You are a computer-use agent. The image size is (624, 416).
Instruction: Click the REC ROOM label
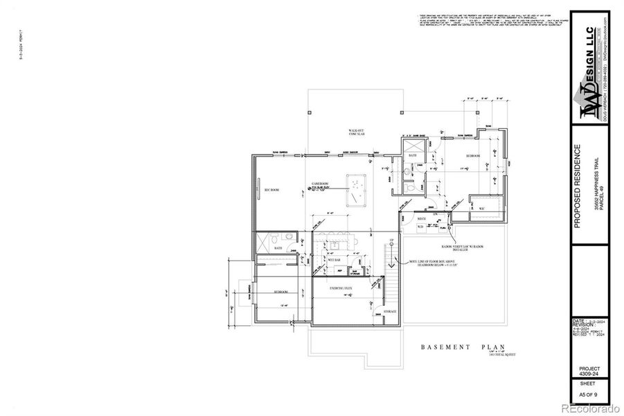coord(270,189)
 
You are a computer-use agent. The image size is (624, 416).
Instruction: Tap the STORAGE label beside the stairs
coord(390,312)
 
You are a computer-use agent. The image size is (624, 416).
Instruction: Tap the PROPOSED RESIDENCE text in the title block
coord(577,187)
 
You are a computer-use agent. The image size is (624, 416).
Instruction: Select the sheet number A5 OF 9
coord(589,392)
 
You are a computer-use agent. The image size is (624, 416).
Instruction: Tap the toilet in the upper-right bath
coord(411,186)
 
